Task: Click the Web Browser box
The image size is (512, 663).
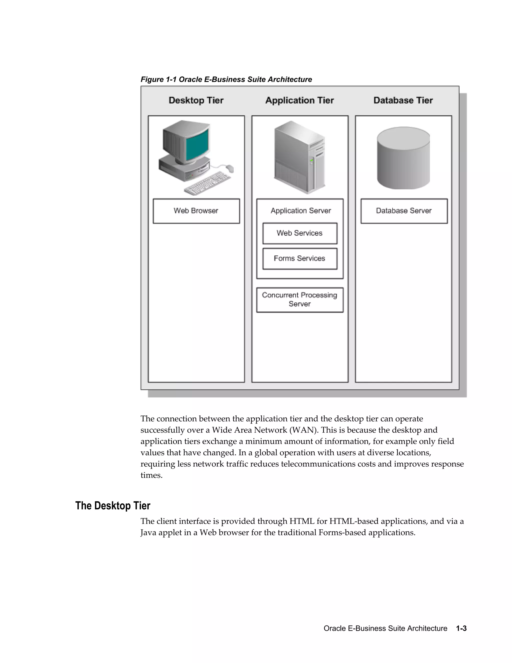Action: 196,211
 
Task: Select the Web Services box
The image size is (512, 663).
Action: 300,233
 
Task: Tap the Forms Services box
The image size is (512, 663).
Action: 300,259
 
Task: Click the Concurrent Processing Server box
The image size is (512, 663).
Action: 300,300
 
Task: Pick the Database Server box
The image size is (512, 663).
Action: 404,211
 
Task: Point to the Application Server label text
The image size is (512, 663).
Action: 300,211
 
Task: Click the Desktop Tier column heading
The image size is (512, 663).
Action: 196,101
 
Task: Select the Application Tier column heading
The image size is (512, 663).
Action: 299,101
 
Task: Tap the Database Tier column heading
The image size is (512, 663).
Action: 403,101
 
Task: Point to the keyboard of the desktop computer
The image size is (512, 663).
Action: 208,183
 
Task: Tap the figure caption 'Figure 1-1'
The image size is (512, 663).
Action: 158,80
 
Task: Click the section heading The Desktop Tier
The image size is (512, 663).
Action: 112,506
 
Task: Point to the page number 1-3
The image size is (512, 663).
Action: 461,628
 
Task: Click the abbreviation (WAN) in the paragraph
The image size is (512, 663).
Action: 304,430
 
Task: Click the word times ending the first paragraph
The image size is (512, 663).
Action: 151,475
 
